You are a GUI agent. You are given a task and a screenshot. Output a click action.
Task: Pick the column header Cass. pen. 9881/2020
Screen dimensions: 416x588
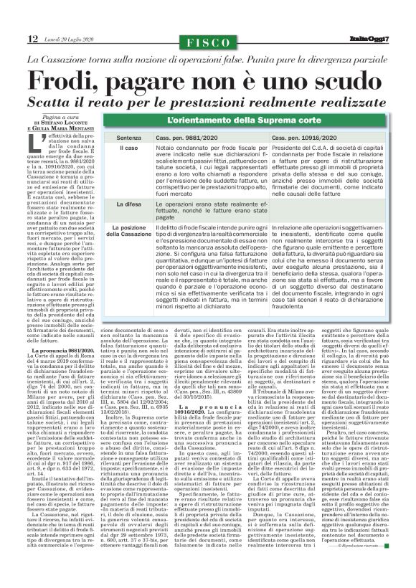pyautogui.click(x=184, y=136)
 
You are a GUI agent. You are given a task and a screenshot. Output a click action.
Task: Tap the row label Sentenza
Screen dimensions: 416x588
pyautogui.click(x=128, y=136)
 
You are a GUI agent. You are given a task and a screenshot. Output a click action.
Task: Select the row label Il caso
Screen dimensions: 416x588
pyautogui.click(x=128, y=147)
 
